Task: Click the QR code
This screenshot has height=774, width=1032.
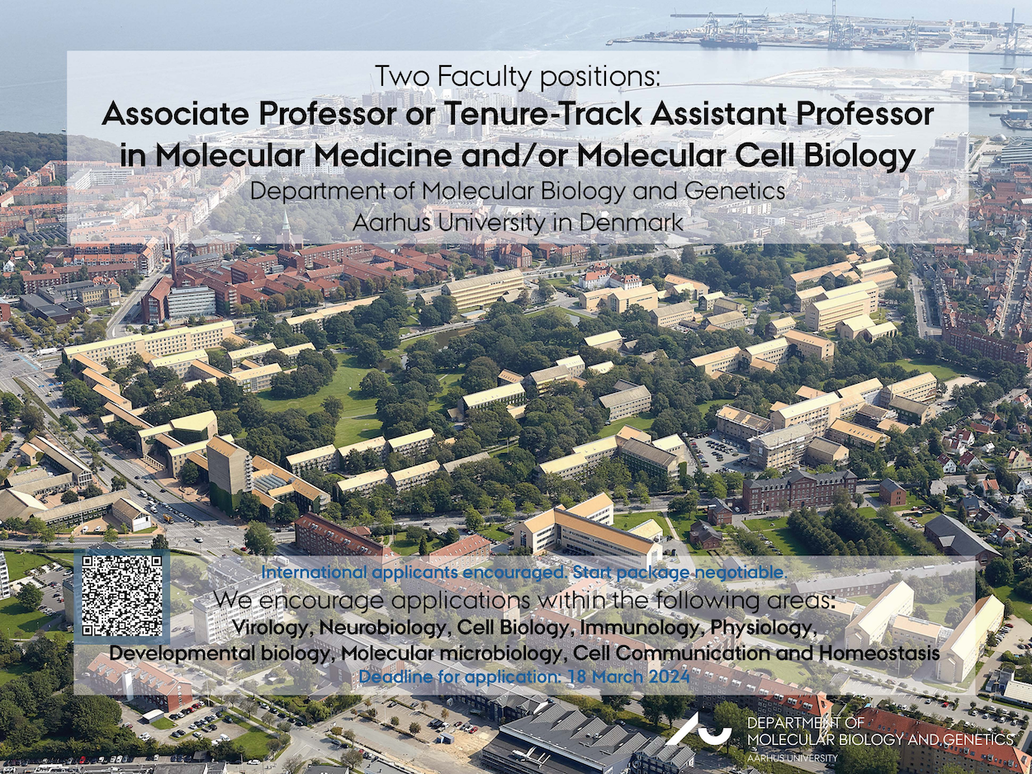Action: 122,596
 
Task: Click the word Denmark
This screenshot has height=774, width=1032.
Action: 631,222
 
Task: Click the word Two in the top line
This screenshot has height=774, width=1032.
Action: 401,77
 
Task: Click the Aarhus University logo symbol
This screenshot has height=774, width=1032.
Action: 698,739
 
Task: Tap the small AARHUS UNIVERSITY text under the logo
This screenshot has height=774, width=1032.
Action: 793,758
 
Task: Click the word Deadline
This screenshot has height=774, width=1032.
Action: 393,677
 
